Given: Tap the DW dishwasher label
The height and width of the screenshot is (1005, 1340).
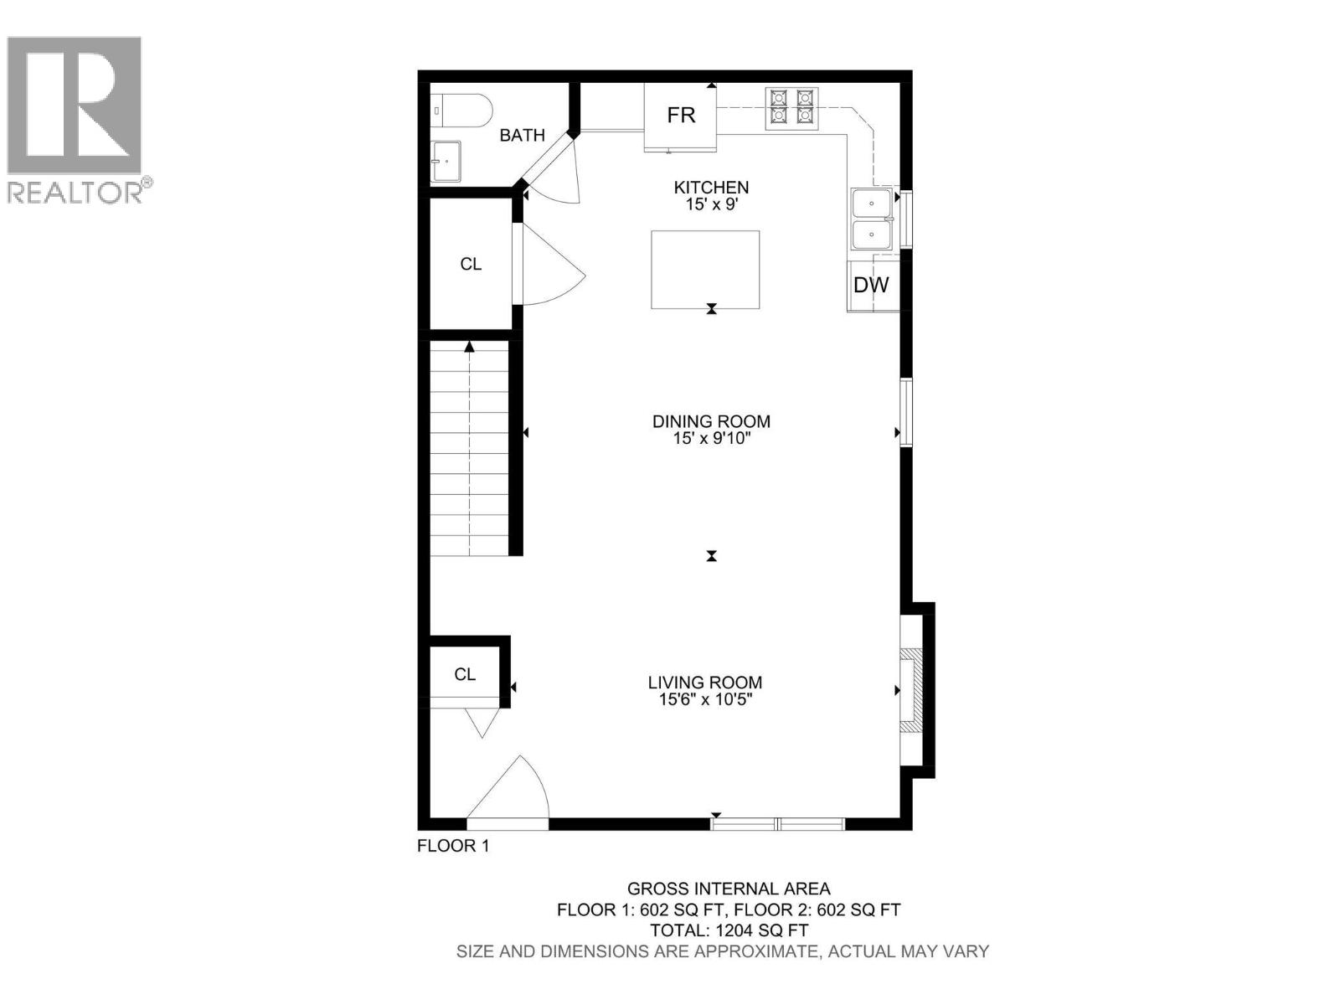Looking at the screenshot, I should point(871,285).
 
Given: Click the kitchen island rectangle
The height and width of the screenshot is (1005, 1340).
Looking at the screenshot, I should point(705,269).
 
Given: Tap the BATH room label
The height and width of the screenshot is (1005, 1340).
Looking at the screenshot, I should point(522,135).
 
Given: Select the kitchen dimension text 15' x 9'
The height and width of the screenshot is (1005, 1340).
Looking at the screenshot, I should point(711,204).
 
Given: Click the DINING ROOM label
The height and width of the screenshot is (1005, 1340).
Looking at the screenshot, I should point(711,421).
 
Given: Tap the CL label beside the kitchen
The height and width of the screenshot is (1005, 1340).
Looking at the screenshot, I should point(471,264).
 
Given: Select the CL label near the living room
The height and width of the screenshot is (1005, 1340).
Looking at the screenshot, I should point(465,674).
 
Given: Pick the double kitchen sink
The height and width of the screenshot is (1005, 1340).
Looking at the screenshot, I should point(872,219).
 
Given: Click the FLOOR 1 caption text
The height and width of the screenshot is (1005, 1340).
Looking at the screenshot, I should point(453,846).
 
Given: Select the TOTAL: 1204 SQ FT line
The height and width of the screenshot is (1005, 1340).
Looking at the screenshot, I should point(729,930).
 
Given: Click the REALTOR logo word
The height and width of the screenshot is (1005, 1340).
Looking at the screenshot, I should point(75,192).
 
